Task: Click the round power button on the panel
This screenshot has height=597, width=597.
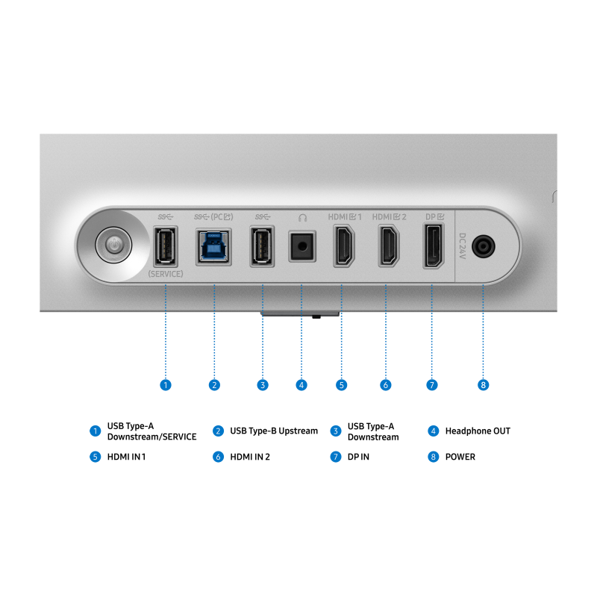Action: coord(113,246)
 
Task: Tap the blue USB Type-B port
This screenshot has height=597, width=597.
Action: coord(213,247)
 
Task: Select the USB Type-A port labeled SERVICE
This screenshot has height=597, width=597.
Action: coord(166,246)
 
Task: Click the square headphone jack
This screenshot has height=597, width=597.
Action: coord(302,246)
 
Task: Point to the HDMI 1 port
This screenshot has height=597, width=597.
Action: coord(344,246)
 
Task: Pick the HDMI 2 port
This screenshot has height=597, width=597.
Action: coord(389,246)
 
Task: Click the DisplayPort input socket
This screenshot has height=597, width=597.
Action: coord(434,246)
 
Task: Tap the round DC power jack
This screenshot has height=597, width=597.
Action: coord(483,246)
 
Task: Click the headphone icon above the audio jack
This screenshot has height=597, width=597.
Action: coord(303,218)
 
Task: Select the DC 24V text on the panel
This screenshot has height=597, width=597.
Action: coord(462,246)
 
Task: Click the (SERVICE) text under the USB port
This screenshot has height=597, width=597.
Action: coord(166,274)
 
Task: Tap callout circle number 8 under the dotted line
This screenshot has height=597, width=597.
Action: coord(483,385)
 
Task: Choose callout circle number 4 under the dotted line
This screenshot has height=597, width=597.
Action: coord(301,385)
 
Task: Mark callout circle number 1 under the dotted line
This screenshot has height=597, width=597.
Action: coord(166,385)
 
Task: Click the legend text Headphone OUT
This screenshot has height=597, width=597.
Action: coord(478,431)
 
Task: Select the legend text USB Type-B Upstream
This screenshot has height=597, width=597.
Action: coord(274,431)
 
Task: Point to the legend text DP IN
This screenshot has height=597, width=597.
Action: coord(358,457)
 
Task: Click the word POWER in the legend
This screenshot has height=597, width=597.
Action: coord(460,457)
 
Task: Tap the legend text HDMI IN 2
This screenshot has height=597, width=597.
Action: coord(250,457)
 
